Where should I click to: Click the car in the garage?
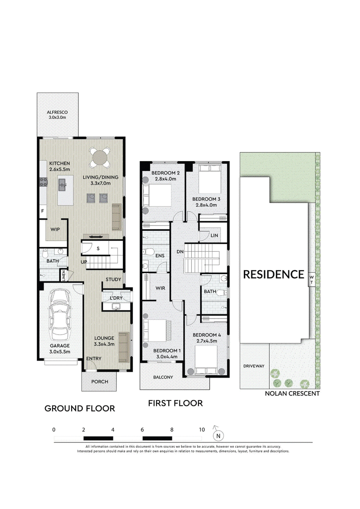[59, 315]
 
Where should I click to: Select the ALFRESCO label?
[57, 113]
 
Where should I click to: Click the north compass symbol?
[218, 435]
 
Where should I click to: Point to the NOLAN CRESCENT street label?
[292, 393]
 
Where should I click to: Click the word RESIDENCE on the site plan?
[274, 275]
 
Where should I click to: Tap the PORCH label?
[99, 382]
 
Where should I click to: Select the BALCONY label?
[163, 377]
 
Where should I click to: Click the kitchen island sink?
[63, 185]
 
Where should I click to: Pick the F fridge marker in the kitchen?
[42, 211]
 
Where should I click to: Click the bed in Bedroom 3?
[210, 179]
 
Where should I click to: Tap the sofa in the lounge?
[123, 347]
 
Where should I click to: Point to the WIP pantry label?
[55, 229]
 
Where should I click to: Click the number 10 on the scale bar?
[202, 430]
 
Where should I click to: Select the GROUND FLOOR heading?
[80, 408]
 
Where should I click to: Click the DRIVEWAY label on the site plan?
[254, 366]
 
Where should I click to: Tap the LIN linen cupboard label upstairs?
[214, 235]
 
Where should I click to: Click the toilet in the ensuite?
[148, 252]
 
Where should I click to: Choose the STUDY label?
[113, 279]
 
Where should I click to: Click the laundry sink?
[116, 306]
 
